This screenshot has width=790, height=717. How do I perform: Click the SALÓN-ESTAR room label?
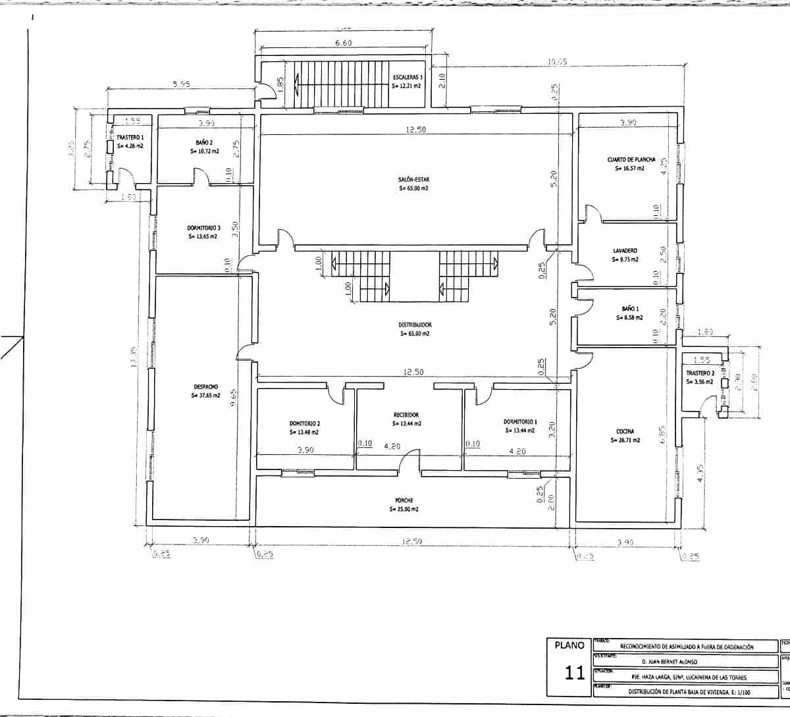[413, 179]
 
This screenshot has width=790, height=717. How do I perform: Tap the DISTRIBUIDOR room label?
[415, 325]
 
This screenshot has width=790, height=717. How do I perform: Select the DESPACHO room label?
[206, 386]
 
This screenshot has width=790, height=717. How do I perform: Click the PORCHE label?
[404, 500]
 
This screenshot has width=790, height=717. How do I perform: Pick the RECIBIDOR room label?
[406, 415]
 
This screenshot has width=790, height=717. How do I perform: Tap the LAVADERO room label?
[625, 251]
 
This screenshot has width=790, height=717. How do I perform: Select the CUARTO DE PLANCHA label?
[631, 159]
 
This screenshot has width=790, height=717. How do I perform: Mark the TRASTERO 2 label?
[699, 373]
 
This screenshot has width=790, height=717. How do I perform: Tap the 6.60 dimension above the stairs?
[344, 43]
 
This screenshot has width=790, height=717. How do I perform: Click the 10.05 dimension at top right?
[557, 63]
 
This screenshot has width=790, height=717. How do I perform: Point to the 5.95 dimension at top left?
[181, 84]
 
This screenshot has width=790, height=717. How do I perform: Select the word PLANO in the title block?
[569, 647]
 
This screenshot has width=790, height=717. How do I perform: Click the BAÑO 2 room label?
[203, 142]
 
